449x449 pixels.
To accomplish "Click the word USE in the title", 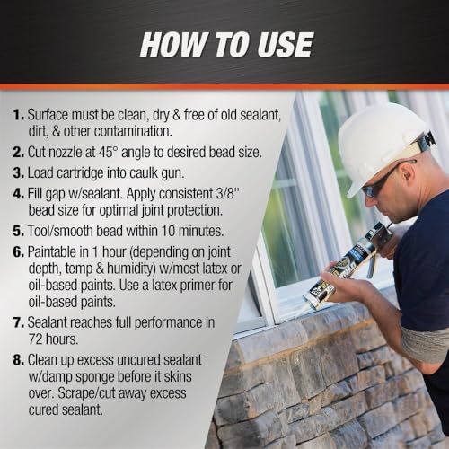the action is click(x=285, y=45).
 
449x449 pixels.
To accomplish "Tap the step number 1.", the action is click(x=18, y=115).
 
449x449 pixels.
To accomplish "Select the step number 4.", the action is click(x=18, y=194).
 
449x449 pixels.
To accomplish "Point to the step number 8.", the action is click(x=18, y=360).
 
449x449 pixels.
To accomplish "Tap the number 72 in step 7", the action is click(x=35, y=339).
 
